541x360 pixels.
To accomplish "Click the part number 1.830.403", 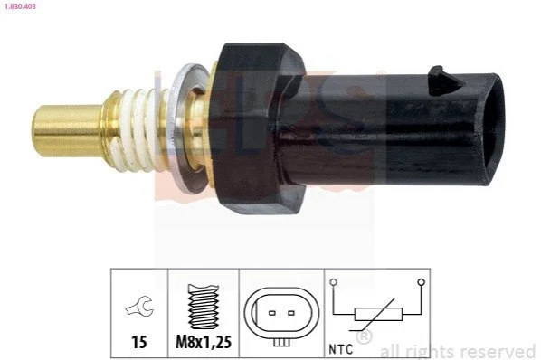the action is (x=20, y=6).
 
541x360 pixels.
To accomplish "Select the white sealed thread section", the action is (x=139, y=130).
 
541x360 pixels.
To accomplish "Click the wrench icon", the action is (x=139, y=305).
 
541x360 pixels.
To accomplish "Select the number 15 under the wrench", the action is (x=139, y=342).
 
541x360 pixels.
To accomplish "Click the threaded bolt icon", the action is (x=204, y=307).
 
